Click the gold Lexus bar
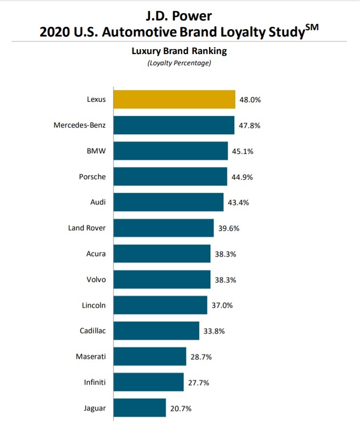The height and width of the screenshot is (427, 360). coord(174,99)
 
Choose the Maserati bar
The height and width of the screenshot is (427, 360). coord(150,356)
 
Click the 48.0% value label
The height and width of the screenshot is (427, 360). coord(250,99)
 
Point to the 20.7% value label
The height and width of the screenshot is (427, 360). coord(181,408)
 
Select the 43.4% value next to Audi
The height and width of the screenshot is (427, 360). coord(238,202)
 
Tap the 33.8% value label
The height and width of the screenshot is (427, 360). coord(214,331)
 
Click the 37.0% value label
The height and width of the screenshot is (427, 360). coord(222,305)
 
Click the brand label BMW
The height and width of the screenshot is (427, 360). coord(96,151)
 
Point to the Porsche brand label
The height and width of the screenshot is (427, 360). coord(92,177)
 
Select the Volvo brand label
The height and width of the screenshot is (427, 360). coord(95,279)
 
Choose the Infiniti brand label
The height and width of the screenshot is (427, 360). coord(95,382)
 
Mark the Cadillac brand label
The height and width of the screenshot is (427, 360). coord(93,331)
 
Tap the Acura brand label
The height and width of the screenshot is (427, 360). coord(95,254)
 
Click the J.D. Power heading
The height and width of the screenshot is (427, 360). coord(179,16)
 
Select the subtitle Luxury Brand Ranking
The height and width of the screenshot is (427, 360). coord(179,51)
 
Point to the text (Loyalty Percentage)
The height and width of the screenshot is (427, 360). coord(179,63)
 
